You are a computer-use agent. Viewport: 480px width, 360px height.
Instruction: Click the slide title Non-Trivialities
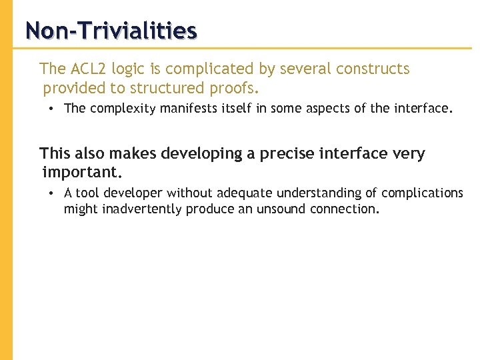coord(111,31)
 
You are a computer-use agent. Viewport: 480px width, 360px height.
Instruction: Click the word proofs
coord(238,88)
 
